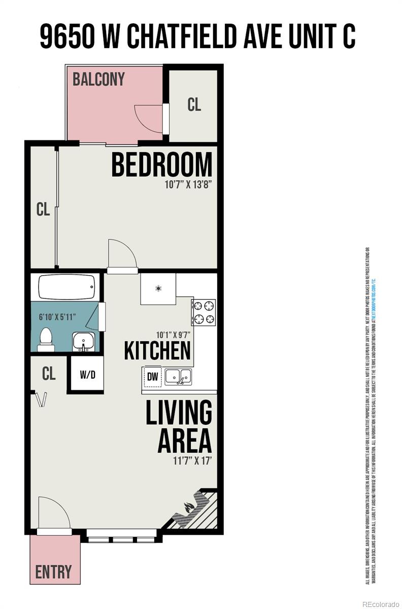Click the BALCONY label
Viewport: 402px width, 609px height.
click(98, 80)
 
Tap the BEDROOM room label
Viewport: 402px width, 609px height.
click(161, 165)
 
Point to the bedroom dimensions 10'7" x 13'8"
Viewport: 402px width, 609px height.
click(187, 185)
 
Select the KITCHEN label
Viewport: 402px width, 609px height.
click(157, 351)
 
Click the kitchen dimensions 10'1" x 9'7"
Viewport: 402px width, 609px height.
click(173, 335)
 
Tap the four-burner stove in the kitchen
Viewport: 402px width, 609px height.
click(204, 312)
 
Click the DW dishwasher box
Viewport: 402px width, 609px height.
click(152, 376)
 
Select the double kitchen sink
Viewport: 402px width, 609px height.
click(178, 377)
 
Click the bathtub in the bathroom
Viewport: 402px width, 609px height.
click(66, 288)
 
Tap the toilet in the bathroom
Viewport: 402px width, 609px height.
click(46, 339)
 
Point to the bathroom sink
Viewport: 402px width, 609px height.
click(83, 341)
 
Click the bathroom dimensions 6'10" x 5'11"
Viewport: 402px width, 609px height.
click(57, 317)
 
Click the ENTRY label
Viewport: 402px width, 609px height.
click(53, 571)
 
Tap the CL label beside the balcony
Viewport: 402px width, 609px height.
click(194, 104)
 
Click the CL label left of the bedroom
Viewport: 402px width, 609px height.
click(43, 210)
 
